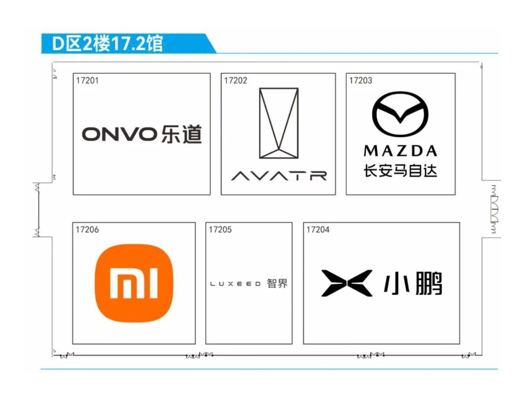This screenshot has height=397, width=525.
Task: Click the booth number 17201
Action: pyautogui.click(x=87, y=81)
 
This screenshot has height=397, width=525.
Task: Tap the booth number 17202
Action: pyautogui.click(x=235, y=81)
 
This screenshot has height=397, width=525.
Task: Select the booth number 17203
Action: pyautogui.click(x=360, y=81)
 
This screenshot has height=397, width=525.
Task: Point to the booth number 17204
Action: pyautogui.click(x=318, y=229)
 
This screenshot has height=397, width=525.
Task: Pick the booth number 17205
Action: pyautogui.click(x=220, y=229)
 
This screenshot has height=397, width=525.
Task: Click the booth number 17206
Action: pyautogui.click(x=87, y=229)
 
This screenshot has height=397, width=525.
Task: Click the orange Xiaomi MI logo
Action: pyautogui.click(x=134, y=283)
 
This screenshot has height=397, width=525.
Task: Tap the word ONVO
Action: pyautogui.click(x=119, y=134)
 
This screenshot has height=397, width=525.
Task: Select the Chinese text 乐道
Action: pyautogui.click(x=182, y=134)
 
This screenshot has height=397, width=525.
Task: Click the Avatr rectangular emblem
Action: pyautogui.click(x=278, y=123)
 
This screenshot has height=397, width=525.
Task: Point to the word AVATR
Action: pyautogui.click(x=279, y=175)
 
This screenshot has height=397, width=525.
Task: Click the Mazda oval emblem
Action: pyautogui.click(x=400, y=114)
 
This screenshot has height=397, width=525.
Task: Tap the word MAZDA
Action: pyautogui.click(x=400, y=151)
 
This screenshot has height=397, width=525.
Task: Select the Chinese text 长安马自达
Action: pyautogui.click(x=400, y=171)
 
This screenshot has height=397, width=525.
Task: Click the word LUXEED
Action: pyautogui.click(x=235, y=284)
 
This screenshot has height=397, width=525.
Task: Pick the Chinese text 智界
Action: pyautogui.click(x=277, y=283)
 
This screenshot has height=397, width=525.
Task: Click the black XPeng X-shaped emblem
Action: pyautogui.click(x=347, y=283)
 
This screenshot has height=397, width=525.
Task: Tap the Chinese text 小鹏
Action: pyautogui.click(x=413, y=283)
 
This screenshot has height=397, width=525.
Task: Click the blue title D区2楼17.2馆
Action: pyautogui.click(x=107, y=43)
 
